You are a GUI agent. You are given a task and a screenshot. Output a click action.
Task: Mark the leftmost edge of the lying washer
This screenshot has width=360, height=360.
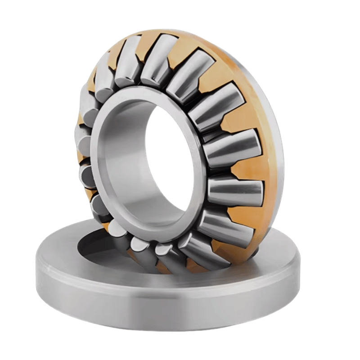pyautogui.click(x=36, y=270)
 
